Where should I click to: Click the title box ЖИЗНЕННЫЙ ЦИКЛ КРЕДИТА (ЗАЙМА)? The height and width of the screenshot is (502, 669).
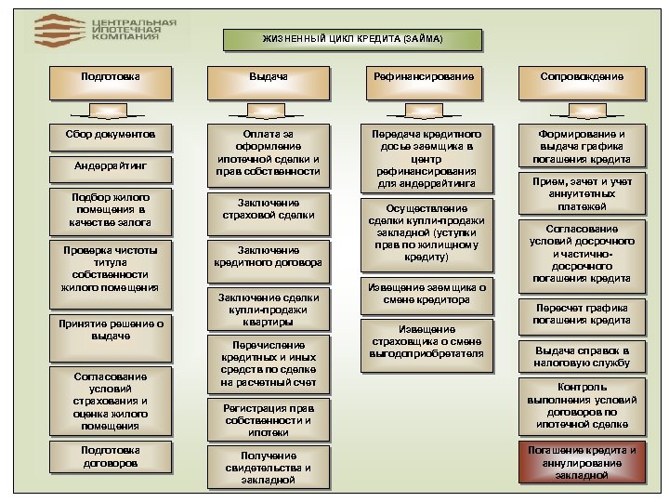pos(352,39)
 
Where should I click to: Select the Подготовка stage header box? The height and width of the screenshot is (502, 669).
pos(111,76)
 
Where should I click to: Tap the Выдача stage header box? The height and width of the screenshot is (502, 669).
pos(268,76)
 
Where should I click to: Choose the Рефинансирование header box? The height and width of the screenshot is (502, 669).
pos(424,76)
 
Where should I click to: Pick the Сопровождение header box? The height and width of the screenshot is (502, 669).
pos(582,76)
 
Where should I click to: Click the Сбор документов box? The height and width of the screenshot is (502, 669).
pos(111,135)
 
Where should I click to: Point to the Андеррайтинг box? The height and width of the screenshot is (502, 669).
pos(111,165)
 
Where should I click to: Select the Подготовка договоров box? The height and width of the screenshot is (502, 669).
pos(111,456)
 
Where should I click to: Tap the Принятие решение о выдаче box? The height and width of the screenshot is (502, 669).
pos(111,330)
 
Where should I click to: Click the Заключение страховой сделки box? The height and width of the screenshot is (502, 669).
pos(268,209)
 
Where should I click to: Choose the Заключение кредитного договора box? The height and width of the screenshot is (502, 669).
pos(268,257)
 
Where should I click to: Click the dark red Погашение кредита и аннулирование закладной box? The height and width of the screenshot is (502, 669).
pos(582,462)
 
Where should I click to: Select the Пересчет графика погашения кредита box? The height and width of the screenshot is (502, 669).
pos(582,314)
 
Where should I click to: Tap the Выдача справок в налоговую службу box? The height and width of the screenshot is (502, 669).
pos(582,357)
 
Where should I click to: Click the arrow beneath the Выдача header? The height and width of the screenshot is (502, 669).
pos(268,109)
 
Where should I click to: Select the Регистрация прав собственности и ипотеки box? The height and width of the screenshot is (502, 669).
pos(268,419)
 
